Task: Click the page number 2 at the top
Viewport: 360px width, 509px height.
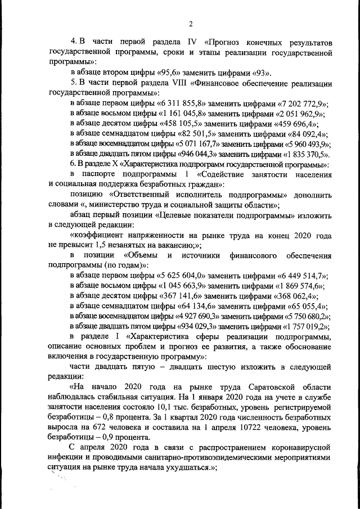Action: point(191,24)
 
